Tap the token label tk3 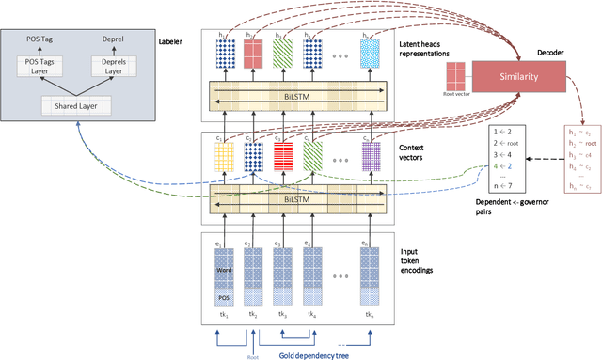coord(278,314)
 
